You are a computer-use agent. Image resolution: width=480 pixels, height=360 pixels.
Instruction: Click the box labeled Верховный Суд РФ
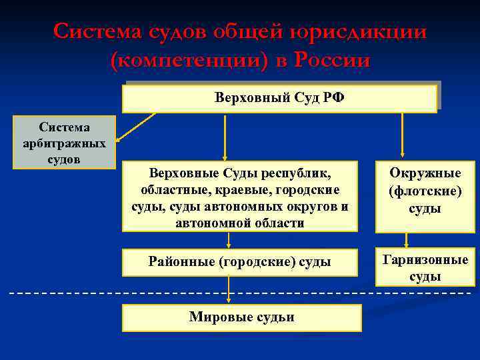279,98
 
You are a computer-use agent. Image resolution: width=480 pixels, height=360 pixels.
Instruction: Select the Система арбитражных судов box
64,143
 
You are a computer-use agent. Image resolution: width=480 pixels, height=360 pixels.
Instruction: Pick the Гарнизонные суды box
425,268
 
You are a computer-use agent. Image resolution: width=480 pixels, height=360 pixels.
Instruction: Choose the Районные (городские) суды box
240,261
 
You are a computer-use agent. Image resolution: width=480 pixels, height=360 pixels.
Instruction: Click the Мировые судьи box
241,317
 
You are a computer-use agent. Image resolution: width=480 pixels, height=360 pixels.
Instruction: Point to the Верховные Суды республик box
240,198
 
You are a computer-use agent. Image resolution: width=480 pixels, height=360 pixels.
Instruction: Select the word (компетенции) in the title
187,61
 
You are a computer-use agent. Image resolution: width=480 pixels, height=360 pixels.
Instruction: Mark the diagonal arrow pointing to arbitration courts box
137,127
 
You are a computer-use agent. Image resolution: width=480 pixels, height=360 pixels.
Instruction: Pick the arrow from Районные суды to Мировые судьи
229,289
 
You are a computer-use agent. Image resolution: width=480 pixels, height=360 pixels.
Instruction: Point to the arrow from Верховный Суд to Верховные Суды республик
225,137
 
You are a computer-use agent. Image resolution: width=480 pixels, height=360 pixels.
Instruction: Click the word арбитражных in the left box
65,143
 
